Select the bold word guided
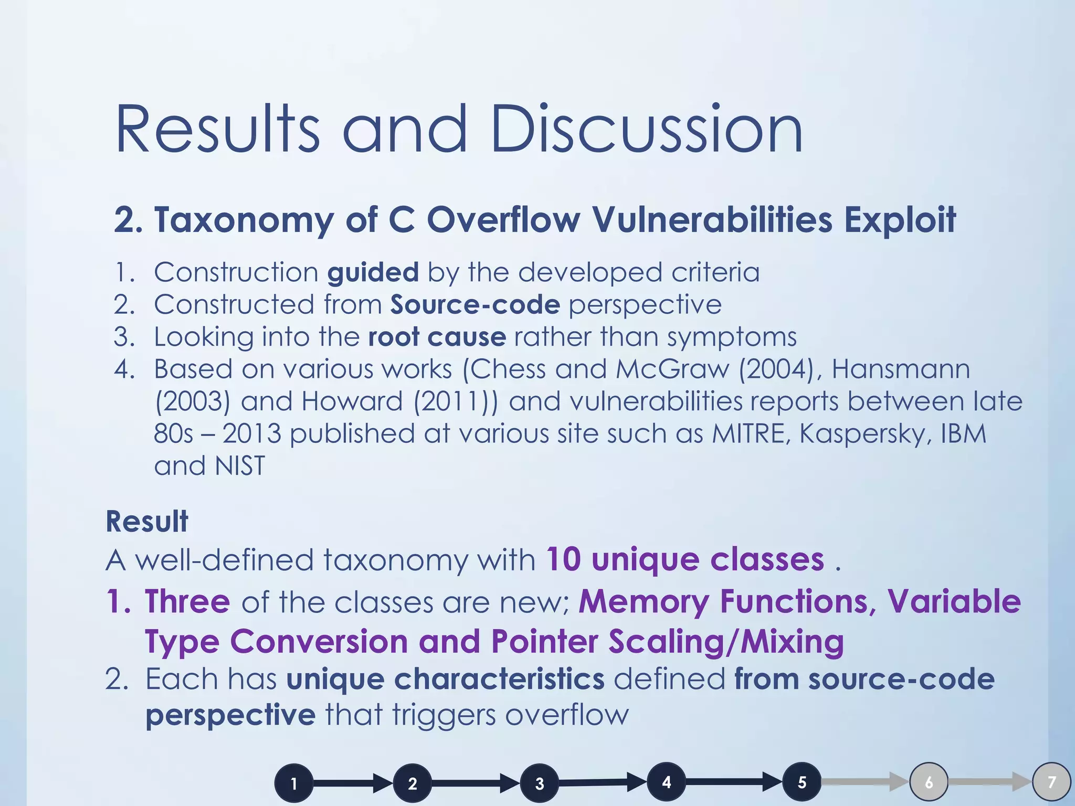tap(373, 272)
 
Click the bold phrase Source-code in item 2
tap(475, 305)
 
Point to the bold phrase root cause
tap(437, 337)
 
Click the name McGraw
tap(672, 369)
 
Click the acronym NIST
tap(240, 466)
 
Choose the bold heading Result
tap(147, 522)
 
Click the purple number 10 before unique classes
tap(563, 559)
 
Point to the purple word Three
tap(187, 601)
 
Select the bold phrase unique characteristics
tap(446, 679)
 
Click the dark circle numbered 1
tap(294, 784)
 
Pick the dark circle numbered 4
tap(667, 782)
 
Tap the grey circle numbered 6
tap(929, 782)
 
